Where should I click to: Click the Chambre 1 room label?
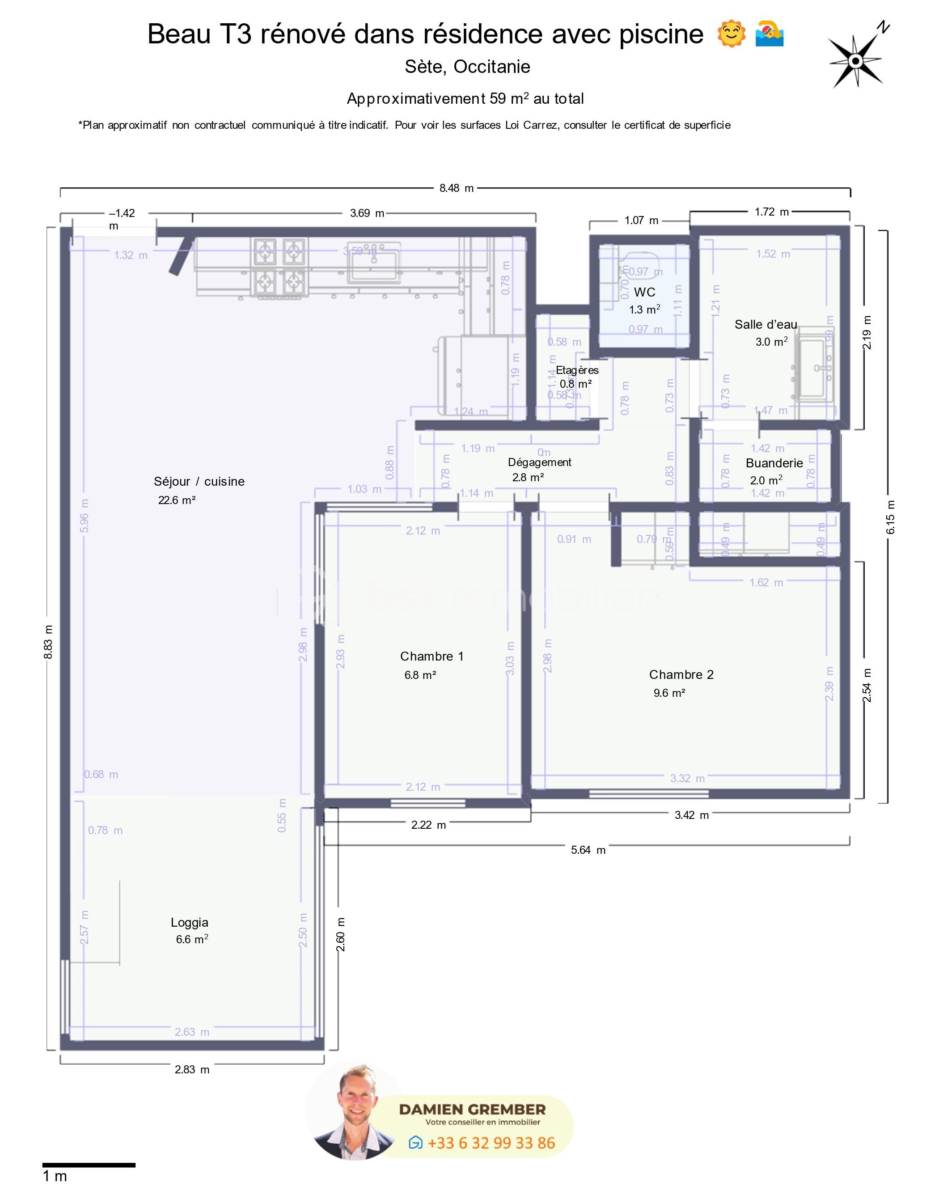coord(432,656)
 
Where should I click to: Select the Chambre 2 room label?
coord(681,674)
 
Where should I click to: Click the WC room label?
coord(644,292)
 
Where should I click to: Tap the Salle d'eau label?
coord(765,324)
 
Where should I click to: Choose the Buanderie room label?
coord(774,463)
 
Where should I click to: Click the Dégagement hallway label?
coord(539,462)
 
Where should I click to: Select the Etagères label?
coord(577,370)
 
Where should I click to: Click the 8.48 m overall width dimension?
coord(456,188)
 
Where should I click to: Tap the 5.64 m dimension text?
coord(588,850)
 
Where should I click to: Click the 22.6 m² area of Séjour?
coord(177,500)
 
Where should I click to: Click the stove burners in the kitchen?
coord(279,267)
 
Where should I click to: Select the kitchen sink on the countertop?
coord(374,261)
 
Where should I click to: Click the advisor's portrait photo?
coord(355,1111)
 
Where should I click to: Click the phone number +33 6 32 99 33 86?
coord(491,1143)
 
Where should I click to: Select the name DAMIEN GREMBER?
coord(472,1110)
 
